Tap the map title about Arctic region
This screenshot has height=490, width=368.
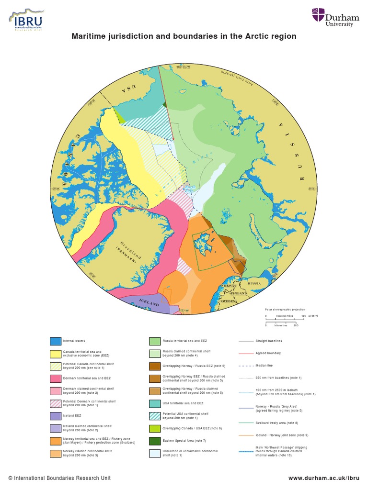point(184,36)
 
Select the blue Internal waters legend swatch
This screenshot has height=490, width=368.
point(56,341)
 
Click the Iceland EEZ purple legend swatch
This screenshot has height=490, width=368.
point(56,416)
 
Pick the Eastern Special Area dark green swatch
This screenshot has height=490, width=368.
point(155,441)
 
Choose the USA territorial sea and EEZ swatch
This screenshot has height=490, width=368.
point(155,403)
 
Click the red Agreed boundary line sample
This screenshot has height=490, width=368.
point(246,353)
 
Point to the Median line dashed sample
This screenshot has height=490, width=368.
point(246,366)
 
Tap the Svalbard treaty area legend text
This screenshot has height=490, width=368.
point(271,423)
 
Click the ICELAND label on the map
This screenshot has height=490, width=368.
point(149,303)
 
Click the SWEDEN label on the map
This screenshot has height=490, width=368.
point(228,301)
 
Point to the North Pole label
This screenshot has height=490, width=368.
point(190,189)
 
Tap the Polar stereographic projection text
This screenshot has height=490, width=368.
point(285,310)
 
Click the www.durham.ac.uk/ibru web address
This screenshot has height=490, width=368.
point(323,478)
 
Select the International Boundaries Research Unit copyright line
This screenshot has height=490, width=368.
point(59,478)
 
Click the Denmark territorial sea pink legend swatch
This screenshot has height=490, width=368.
point(56,379)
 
